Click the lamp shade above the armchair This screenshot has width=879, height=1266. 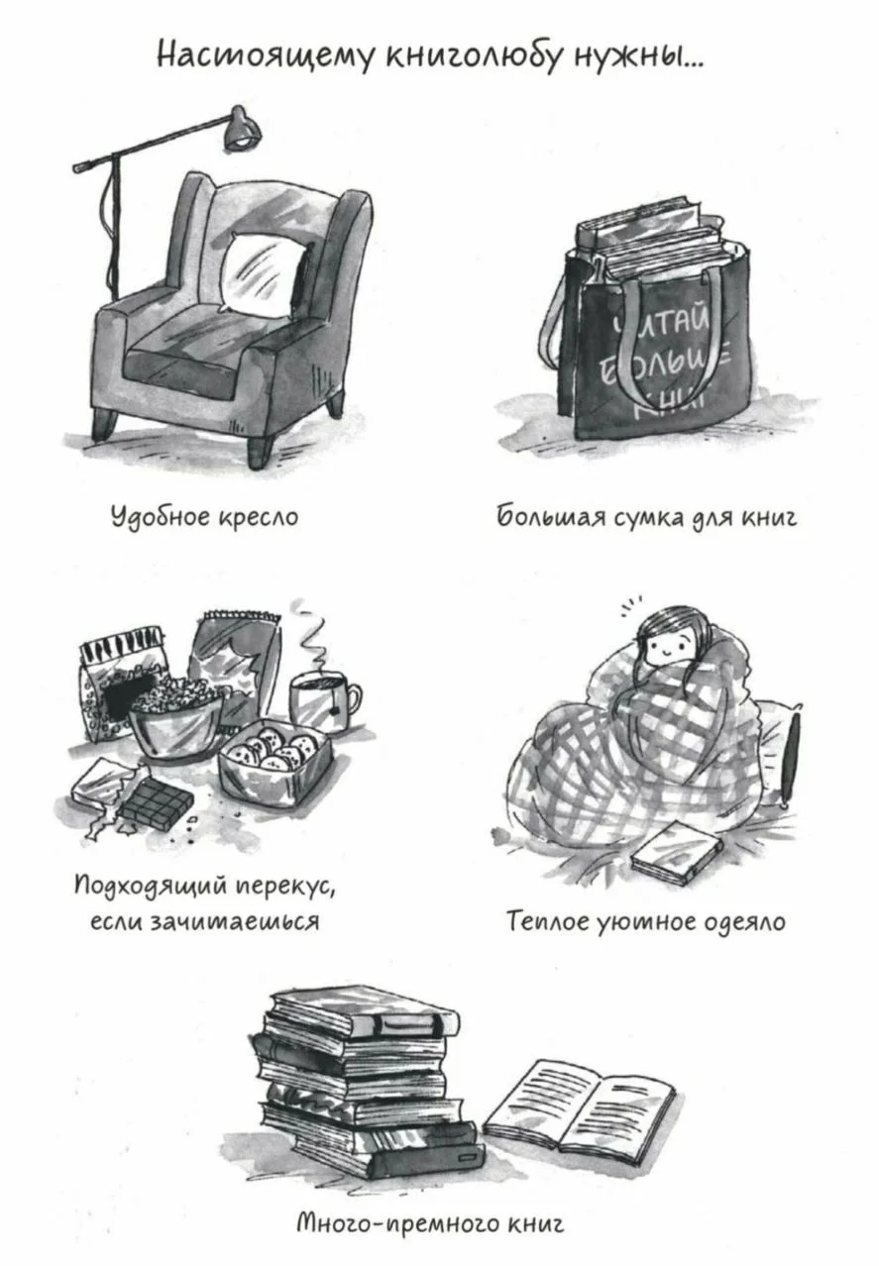point(242,129)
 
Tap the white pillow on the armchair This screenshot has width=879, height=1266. point(264,273)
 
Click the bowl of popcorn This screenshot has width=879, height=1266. point(175,716)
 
